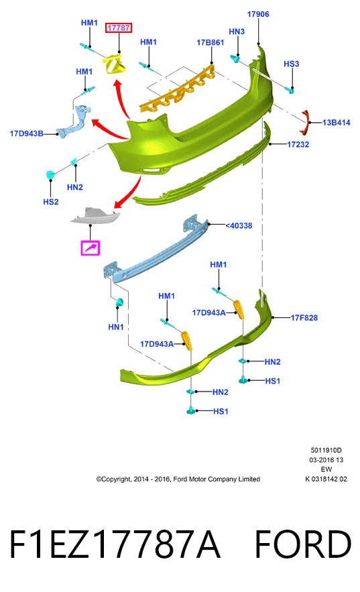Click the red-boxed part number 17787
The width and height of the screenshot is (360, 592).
pyautogui.click(x=119, y=27)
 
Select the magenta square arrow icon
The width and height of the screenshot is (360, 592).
pyautogui.click(x=91, y=248)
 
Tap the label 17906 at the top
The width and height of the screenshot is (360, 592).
pyautogui.click(x=258, y=14)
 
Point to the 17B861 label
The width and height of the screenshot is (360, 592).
pyautogui.click(x=211, y=43)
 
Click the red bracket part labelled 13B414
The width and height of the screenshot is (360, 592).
pyautogui.click(x=305, y=122)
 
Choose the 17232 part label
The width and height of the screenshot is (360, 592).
pyautogui.click(x=298, y=144)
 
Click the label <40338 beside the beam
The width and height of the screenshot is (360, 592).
pyautogui.click(x=239, y=225)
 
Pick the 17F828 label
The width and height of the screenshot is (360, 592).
pyautogui.click(x=304, y=318)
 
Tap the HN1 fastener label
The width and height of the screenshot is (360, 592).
pyautogui.click(x=116, y=327)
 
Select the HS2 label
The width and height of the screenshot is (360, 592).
pyautogui.click(x=51, y=202)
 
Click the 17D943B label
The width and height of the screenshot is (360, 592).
pyautogui.click(x=26, y=133)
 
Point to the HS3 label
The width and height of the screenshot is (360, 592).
pyautogui.click(x=292, y=64)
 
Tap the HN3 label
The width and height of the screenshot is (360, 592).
pyautogui.click(x=237, y=32)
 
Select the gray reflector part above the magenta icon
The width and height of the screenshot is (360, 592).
pyautogui.click(x=95, y=215)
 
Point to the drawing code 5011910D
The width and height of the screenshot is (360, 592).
pyautogui.click(x=326, y=450)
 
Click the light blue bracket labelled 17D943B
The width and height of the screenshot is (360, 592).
pyautogui.click(x=74, y=121)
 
